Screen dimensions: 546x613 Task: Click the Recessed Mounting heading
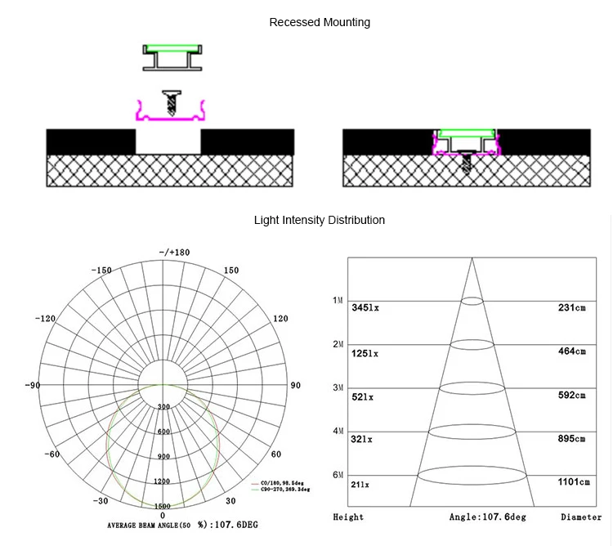(320, 22)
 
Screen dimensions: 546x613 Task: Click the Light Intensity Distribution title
(320, 220)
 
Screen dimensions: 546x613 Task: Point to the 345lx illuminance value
(365, 308)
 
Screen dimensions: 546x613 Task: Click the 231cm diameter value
(571, 307)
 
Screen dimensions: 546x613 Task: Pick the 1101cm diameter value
(573, 482)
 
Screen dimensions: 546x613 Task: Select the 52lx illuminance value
(362, 396)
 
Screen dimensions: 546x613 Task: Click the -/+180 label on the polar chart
(173, 253)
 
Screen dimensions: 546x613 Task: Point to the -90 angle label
(33, 385)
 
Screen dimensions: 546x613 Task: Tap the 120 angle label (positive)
(280, 319)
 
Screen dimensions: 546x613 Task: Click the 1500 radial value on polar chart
(163, 506)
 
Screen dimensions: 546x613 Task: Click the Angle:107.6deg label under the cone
(490, 517)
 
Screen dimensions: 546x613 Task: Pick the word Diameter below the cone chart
(581, 517)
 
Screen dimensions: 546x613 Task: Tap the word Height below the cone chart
(348, 517)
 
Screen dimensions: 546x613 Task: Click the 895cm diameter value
(571, 439)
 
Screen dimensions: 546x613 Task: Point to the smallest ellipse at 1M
(472, 302)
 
